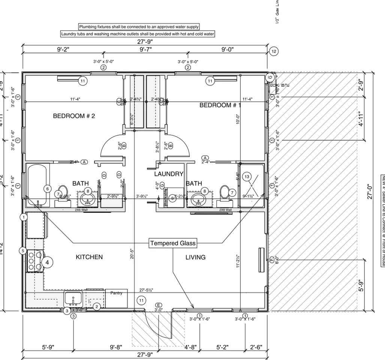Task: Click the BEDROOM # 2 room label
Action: tap(74, 116)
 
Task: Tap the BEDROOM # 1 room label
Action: tap(220, 105)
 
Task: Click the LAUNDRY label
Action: tap(169, 174)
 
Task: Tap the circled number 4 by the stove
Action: tap(47, 262)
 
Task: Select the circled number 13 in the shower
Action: tap(247, 177)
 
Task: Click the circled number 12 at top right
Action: tap(274, 51)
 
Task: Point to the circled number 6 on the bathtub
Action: tap(48, 189)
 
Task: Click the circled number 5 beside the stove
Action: tap(23, 250)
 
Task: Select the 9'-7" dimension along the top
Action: tap(145, 49)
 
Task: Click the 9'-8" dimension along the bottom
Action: tap(116, 347)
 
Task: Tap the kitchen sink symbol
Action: tap(73, 299)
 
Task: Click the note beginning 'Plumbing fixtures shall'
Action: tap(139, 27)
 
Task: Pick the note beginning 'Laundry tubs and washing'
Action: tap(138, 34)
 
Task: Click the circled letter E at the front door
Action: tap(159, 305)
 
